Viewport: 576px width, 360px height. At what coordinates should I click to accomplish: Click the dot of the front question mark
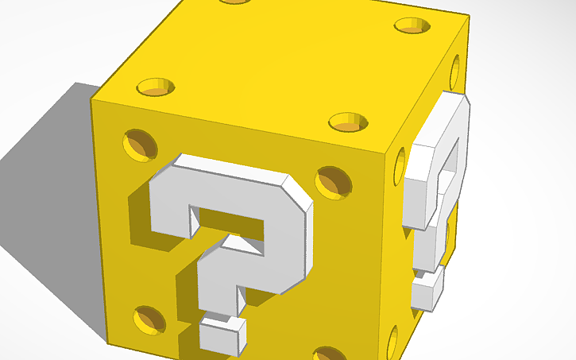[222, 332]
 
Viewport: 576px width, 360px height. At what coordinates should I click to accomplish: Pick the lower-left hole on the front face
[149, 318]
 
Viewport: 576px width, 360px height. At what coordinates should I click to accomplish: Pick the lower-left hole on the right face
[395, 342]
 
